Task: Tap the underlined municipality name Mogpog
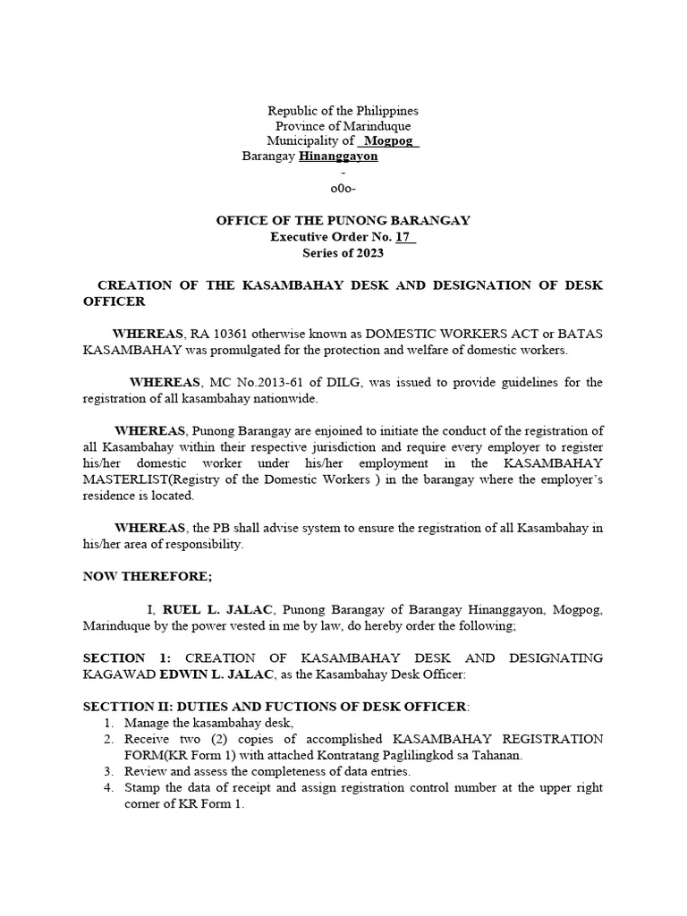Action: (388, 141)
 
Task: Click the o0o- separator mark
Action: (343, 189)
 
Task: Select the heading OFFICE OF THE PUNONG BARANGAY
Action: (343, 221)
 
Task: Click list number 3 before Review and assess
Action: (107, 771)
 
